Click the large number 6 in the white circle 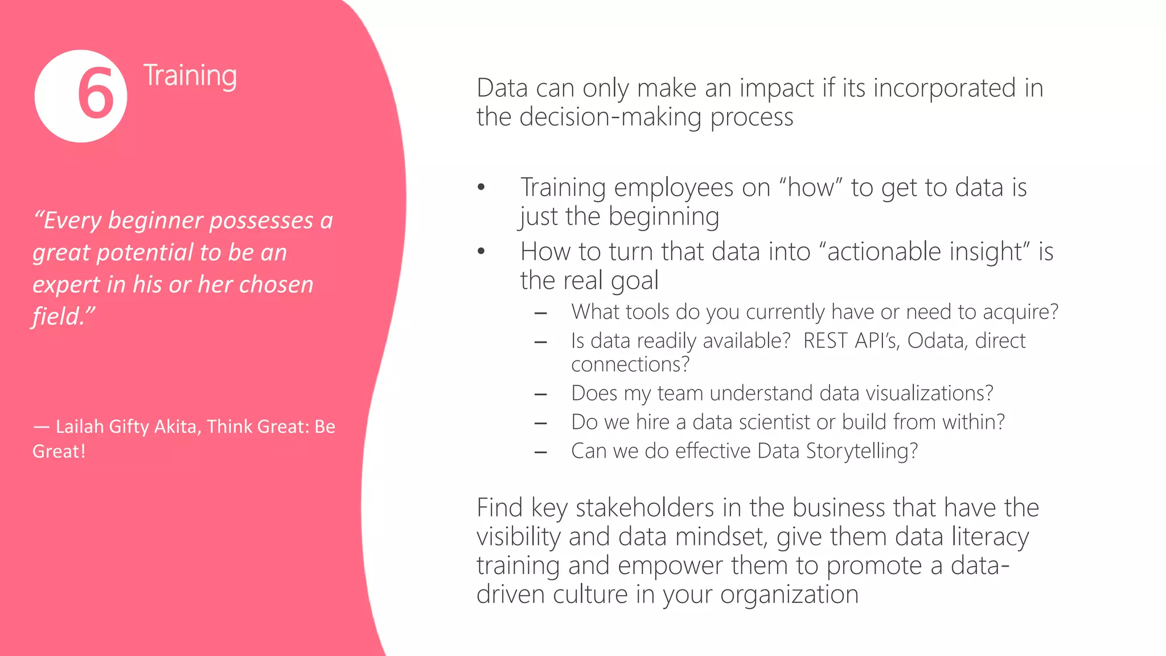click(x=95, y=94)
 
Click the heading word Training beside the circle click(x=190, y=76)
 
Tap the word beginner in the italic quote click(x=155, y=220)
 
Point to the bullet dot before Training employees click(x=482, y=187)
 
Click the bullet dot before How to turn click(x=482, y=251)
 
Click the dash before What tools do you click(x=541, y=313)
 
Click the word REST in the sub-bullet click(x=824, y=341)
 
